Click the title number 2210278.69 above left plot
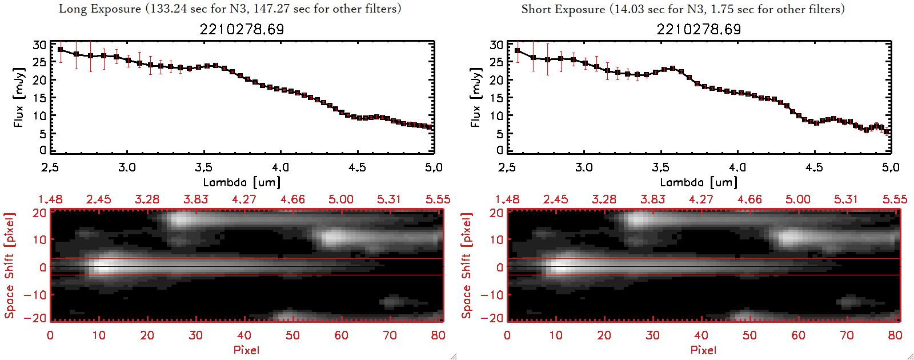tap(242, 29)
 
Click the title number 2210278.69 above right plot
tap(699, 29)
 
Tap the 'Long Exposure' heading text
tap(100, 9)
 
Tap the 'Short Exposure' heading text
tap(563, 9)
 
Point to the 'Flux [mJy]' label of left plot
tap(19, 97)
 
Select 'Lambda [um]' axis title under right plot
tap(699, 182)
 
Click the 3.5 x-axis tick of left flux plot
tap(204, 167)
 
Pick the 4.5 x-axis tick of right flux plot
tap(814, 167)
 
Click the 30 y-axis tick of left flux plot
tap(39, 45)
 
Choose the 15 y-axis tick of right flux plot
tap(496, 98)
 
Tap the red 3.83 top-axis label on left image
tap(196, 199)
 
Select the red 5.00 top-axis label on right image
tap(798, 199)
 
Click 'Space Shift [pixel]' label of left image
tap(10, 266)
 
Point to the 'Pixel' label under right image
tap(703, 350)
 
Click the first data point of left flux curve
tap(61, 50)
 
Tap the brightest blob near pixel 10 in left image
tap(103, 266)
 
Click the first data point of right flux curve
tap(518, 51)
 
